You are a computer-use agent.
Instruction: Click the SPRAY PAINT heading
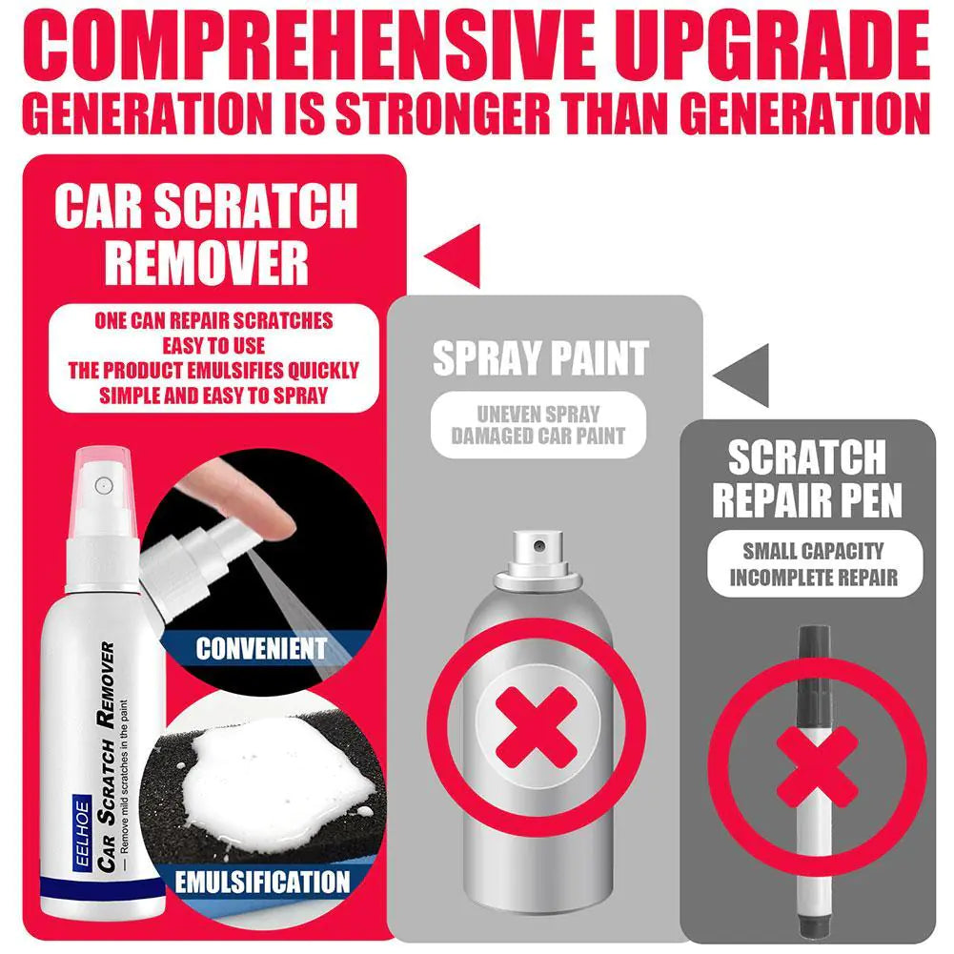540,357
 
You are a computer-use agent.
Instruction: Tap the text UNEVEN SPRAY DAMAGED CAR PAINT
538,425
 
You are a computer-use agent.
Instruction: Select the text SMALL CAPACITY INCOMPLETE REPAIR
814,564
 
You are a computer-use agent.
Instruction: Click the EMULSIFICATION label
262,880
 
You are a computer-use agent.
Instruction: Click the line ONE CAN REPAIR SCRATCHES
214,320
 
